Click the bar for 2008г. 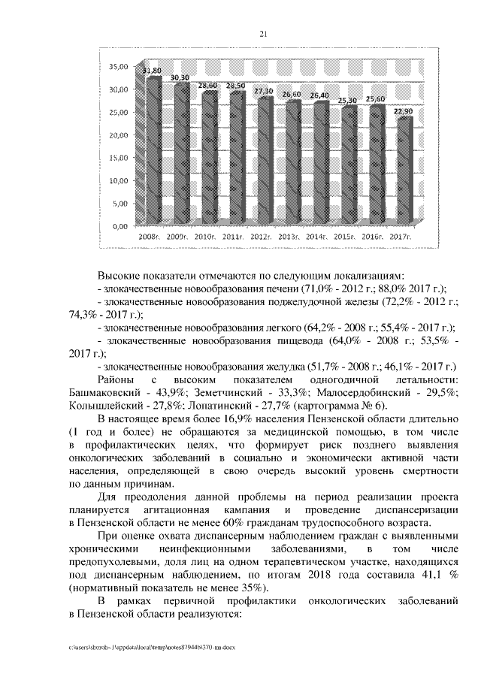(x=153, y=150)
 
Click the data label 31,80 (x=152, y=70)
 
